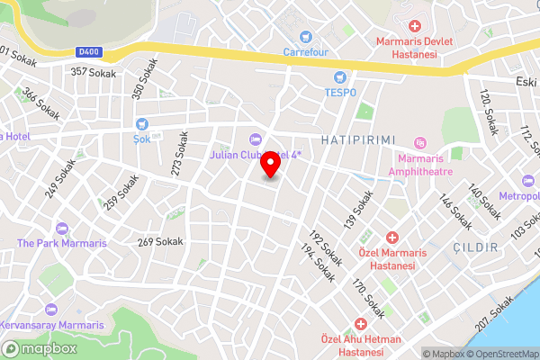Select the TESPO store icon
(340, 77)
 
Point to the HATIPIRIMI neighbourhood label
(359, 139)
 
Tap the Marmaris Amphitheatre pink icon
(419, 142)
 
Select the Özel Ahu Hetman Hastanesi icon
(361, 323)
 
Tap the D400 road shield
(87, 51)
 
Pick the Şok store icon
(141, 124)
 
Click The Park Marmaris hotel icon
(61, 229)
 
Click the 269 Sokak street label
(159, 241)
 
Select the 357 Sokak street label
(93, 71)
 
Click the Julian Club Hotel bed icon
(254, 139)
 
